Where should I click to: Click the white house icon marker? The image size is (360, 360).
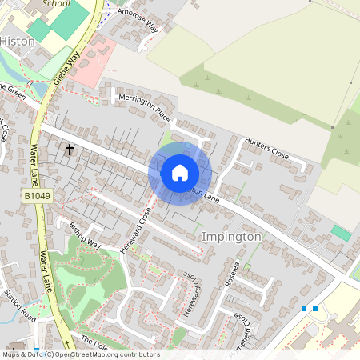(x=180, y=172)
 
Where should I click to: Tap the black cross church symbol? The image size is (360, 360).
(x=70, y=150)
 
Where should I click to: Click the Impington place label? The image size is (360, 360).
(x=231, y=237)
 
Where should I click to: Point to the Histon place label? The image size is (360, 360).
(x=17, y=40)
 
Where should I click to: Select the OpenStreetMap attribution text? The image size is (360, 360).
(x=80, y=354)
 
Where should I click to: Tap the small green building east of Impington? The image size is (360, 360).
(x=341, y=233)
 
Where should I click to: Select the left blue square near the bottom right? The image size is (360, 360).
(x=304, y=308)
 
